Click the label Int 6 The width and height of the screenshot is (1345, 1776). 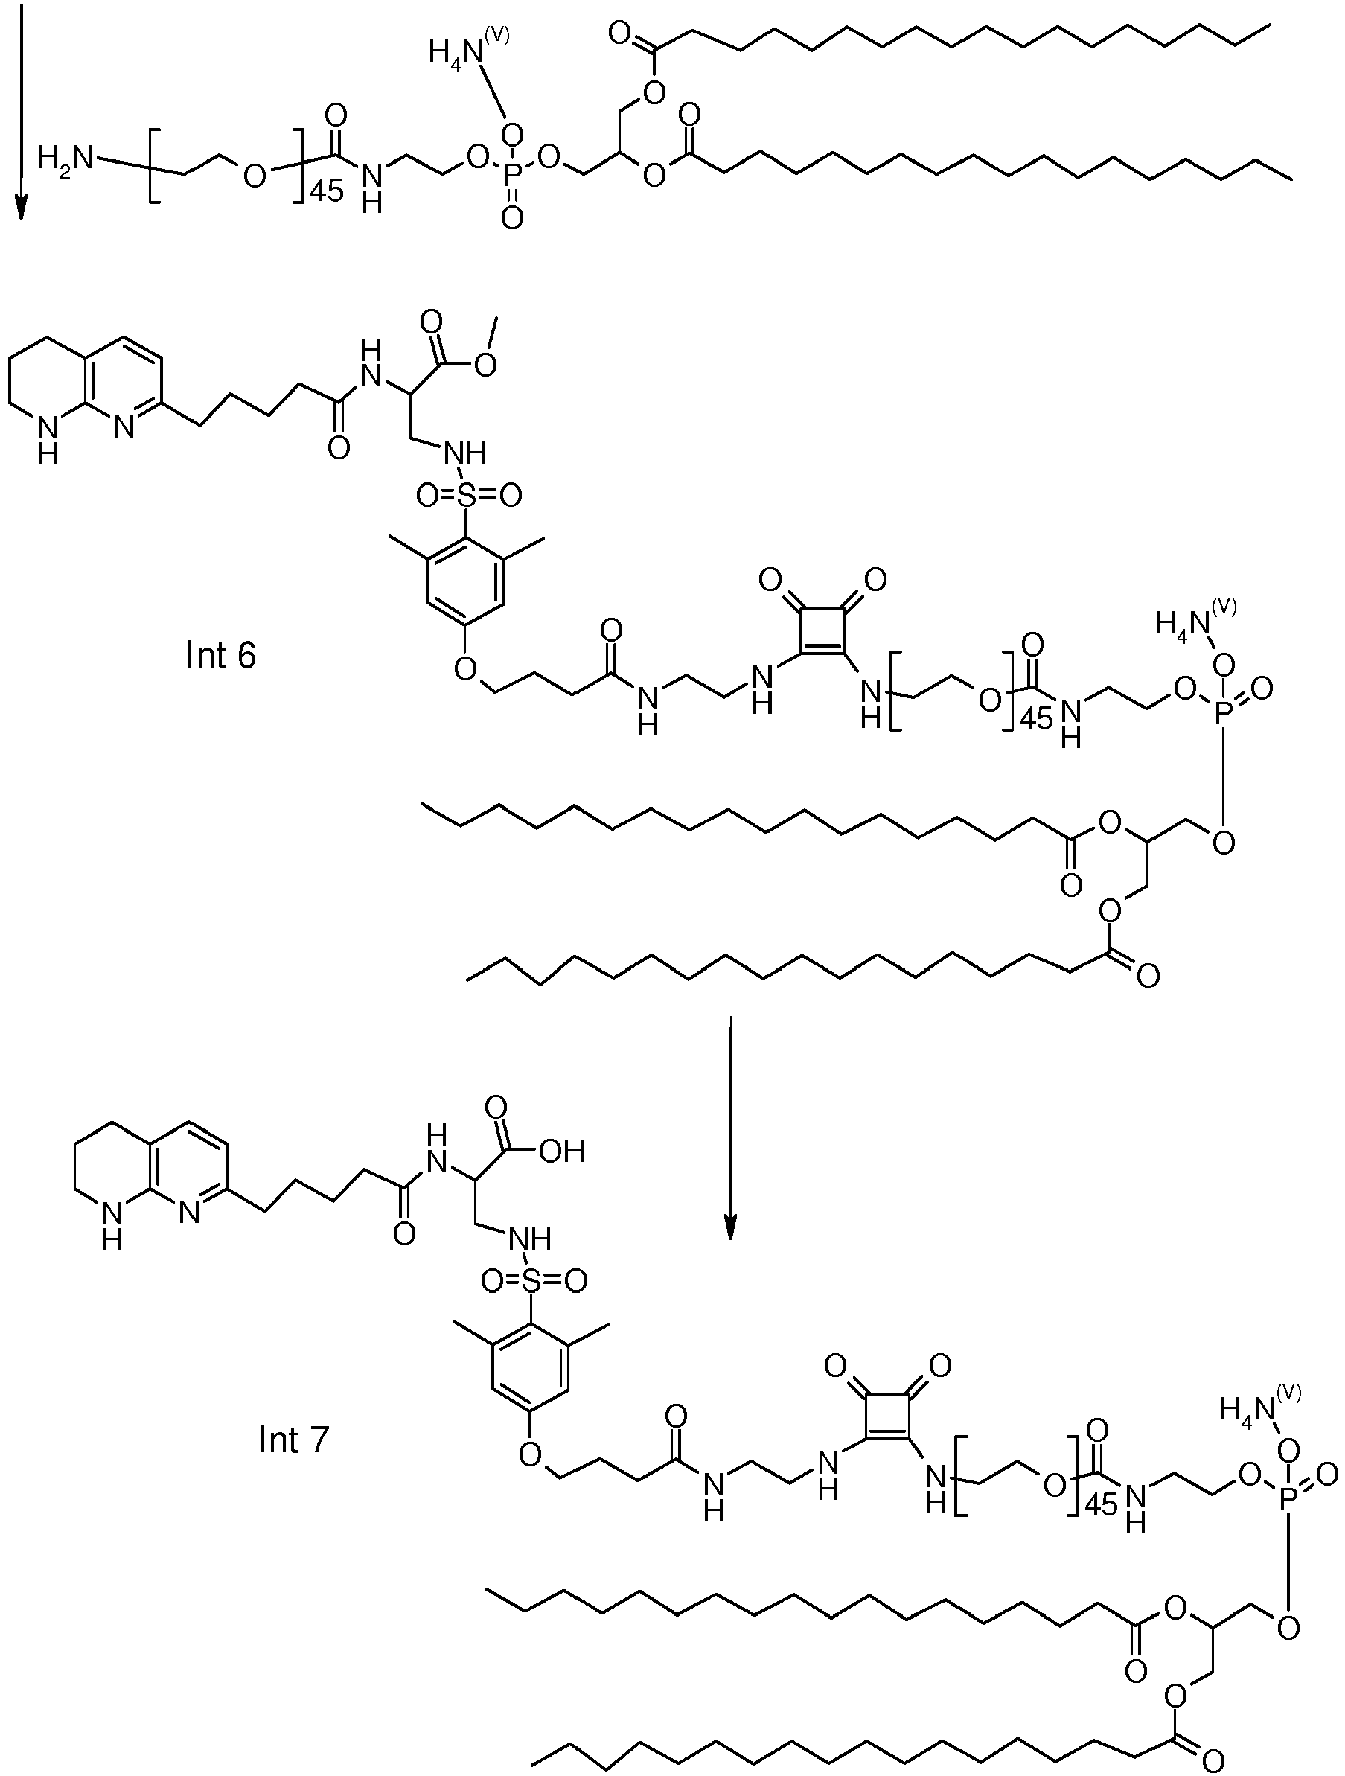(220, 655)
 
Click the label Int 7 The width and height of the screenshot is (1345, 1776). (294, 1440)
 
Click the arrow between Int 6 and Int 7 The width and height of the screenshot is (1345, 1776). (730, 1127)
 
